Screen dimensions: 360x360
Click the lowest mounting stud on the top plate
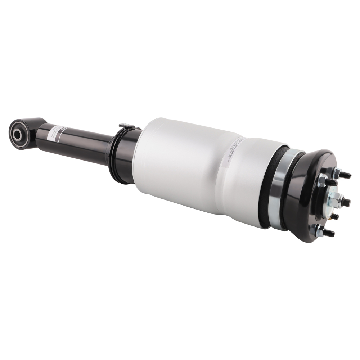pyautogui.click(x=327, y=233)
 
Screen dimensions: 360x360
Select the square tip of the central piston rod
pyautogui.click(x=346, y=202)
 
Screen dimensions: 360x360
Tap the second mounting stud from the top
pyautogui.click(x=329, y=182)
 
